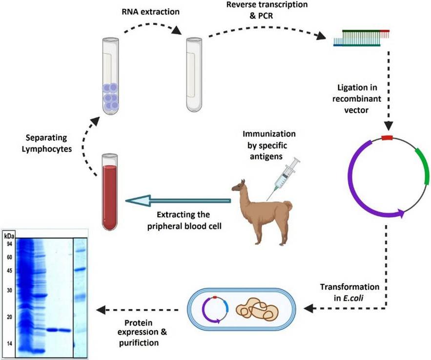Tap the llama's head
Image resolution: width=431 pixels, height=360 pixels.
click(238, 186)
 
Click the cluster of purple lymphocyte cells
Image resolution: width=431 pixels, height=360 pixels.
click(110, 95)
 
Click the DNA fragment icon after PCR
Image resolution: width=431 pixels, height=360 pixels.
click(362, 38)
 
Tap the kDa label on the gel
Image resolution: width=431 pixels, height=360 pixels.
click(9, 236)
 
